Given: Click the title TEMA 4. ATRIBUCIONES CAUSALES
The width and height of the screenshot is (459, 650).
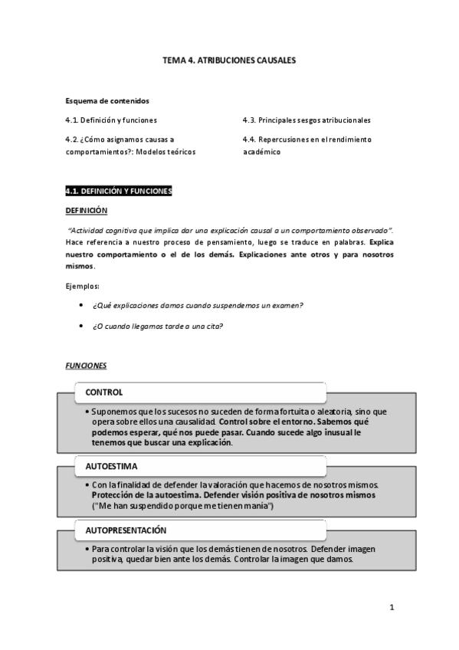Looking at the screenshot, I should tap(229, 59).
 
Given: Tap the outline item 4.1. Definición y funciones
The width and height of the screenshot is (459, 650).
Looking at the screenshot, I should tap(111, 120).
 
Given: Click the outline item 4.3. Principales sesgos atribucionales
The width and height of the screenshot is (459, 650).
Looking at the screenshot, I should tap(307, 120).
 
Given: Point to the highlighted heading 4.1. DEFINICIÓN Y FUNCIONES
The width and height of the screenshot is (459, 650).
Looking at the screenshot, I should tap(119, 191).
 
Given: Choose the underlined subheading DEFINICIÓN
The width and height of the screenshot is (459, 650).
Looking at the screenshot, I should tap(87, 211).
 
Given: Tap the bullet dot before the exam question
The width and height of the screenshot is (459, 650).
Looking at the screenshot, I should tap(81, 304).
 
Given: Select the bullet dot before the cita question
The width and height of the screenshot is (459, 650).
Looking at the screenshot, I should tap(81, 325).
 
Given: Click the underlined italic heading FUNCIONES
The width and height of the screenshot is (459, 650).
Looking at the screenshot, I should tap(86, 366).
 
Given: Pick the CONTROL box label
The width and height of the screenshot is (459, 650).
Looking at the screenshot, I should tap(104, 392).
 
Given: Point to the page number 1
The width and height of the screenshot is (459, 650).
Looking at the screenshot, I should tap(392, 609).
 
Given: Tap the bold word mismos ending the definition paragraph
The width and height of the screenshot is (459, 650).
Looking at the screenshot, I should tap(80, 266).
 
